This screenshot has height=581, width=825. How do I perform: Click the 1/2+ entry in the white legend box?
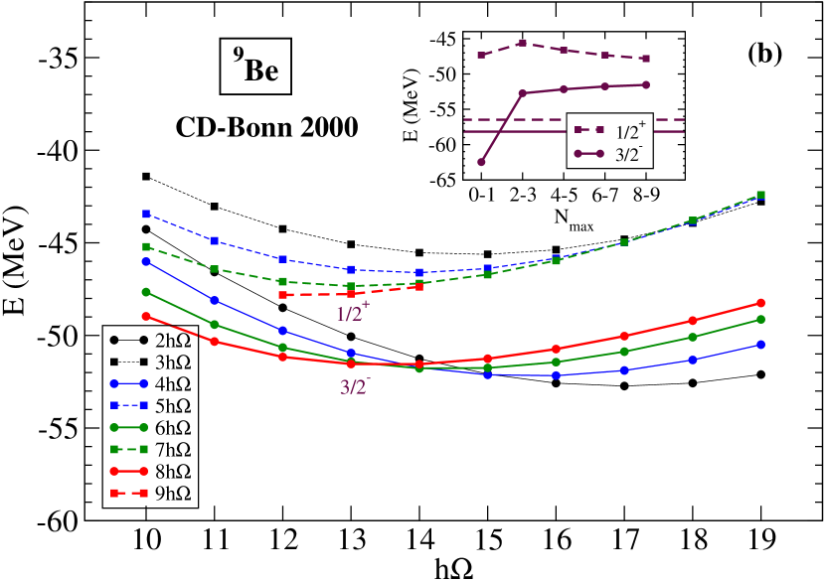coord(609,131)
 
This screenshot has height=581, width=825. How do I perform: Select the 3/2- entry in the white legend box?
coord(609,154)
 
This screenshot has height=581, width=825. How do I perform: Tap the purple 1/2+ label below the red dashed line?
coord(352,313)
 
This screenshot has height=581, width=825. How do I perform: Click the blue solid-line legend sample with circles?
coord(128,383)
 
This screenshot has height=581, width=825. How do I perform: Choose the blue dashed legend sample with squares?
coord(128,405)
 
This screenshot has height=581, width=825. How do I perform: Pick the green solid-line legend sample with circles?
coord(128,427)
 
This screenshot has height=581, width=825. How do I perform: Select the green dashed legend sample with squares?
coord(128,449)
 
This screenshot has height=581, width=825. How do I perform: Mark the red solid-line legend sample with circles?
coord(128,471)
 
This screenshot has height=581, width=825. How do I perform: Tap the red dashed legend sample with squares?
coord(128,493)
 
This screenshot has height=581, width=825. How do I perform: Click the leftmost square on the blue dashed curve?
coord(146,214)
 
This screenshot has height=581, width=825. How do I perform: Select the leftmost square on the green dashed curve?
coord(146,246)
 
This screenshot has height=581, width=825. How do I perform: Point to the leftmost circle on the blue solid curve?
coord(146,261)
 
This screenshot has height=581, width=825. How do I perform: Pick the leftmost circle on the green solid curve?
coord(146,291)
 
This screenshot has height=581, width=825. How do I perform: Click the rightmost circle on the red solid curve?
coord(760,302)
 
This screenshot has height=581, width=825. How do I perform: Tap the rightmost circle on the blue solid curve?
coord(760,344)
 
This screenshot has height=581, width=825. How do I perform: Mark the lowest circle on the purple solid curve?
coord(481,162)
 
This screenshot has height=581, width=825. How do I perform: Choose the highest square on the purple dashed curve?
coord(523,43)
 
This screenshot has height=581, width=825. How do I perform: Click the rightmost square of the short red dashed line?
coord(419,287)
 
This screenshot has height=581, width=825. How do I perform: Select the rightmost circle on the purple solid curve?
coord(646,84)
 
